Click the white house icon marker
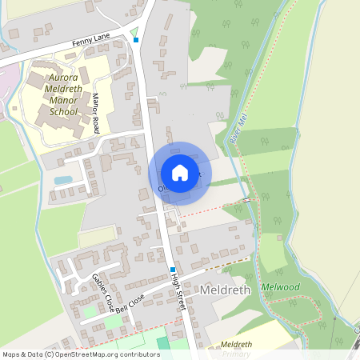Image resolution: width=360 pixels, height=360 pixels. (x=180, y=173)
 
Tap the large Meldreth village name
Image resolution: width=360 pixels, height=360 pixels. (x=227, y=289)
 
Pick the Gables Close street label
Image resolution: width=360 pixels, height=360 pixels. (x=102, y=292)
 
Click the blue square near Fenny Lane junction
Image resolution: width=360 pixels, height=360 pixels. (x=136, y=40)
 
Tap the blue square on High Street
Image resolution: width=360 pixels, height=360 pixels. (x=172, y=270)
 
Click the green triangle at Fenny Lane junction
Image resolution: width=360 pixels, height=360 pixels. (x=133, y=32)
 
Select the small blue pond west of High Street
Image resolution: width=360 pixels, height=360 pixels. (x=62, y=180)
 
